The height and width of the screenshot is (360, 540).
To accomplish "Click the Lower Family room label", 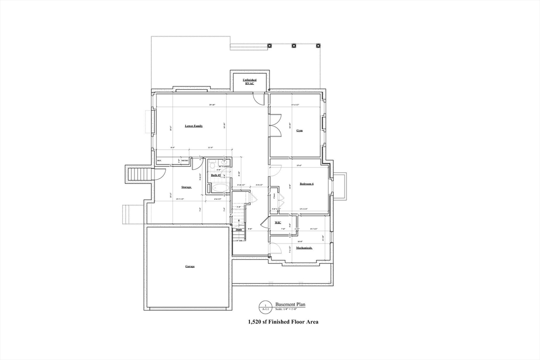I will (194, 127).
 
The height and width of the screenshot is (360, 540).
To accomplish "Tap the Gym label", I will (299, 130).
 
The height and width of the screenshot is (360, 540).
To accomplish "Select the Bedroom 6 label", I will (306, 184).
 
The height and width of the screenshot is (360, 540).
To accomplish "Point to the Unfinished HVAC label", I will (249, 82).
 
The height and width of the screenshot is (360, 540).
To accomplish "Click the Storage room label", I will (186, 187).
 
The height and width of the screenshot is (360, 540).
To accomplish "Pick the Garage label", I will (189, 267).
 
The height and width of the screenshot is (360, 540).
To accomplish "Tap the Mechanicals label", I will (304, 248).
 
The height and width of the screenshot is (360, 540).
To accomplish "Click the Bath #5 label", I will (215, 176).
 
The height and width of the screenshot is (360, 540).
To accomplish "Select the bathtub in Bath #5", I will (220, 188).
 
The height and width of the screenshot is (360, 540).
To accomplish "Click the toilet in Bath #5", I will (211, 164).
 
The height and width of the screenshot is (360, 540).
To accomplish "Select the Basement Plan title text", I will (290, 304).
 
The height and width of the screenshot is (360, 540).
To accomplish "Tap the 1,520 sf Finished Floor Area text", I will (283, 322).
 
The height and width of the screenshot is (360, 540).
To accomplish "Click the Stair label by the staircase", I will (238, 230).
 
